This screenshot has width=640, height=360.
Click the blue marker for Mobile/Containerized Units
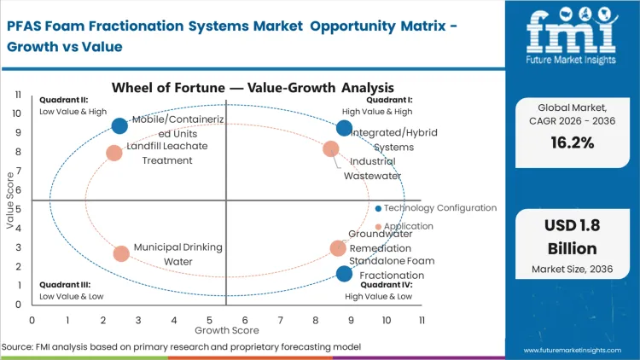coord(119,126)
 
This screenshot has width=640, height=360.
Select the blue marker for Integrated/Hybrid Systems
coord(344,128)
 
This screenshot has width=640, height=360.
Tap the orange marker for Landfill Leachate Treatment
coord(114,154)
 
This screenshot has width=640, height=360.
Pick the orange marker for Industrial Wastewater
coord(331,149)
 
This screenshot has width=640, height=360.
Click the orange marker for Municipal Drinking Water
coord(121,253)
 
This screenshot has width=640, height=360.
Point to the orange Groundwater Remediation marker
coord(338,248)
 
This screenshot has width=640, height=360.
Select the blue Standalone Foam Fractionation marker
coord(344,274)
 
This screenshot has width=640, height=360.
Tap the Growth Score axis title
coord(226,328)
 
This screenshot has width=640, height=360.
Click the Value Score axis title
coord(10,201)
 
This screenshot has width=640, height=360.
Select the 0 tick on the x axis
coord(32,319)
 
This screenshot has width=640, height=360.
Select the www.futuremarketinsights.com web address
coord(576,350)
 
